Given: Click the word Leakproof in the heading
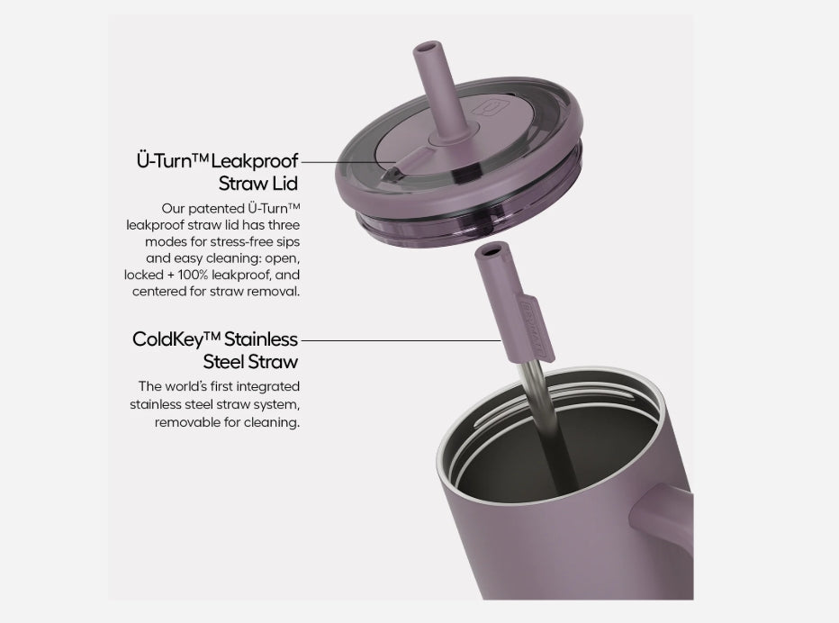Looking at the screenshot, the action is click(x=254, y=161).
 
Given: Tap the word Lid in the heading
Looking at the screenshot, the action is click(x=284, y=184).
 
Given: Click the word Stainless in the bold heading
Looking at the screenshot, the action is click(x=260, y=339).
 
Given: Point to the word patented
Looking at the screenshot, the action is click(x=216, y=208).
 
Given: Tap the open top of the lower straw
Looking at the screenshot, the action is click(x=492, y=250).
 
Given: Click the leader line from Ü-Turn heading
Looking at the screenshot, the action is click(x=348, y=162).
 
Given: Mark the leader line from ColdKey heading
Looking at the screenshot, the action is click(x=401, y=340).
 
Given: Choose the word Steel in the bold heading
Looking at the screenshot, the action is click(x=223, y=362).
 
